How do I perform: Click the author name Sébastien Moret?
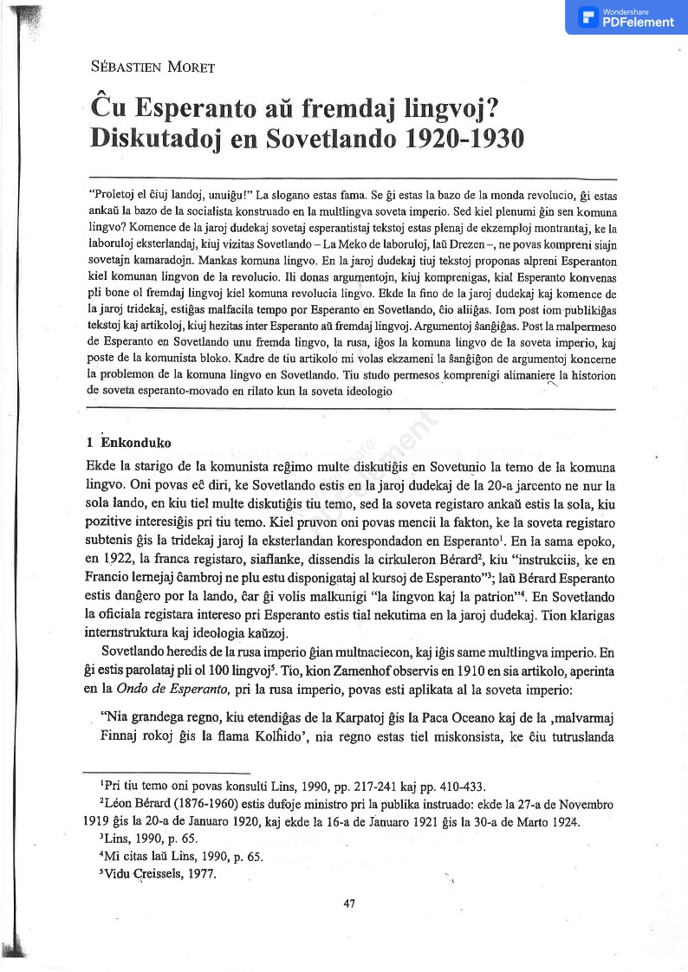153,67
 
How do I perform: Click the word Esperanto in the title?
195,109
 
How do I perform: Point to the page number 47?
350,904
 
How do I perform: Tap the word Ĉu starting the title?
109,109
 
